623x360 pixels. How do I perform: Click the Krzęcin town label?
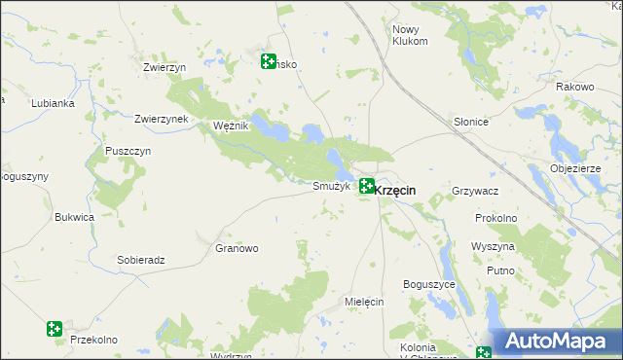coord(395,191)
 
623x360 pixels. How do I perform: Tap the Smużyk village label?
coord(331,186)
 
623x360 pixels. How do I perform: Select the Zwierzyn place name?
coord(164,67)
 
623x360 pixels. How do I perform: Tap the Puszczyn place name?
coord(128,152)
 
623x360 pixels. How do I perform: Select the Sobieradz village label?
coord(141,260)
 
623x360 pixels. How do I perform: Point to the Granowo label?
coord(237,248)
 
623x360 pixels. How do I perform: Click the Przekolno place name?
coord(93,340)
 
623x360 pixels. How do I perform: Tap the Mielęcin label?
coord(365,302)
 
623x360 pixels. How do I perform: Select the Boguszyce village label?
coord(429,284)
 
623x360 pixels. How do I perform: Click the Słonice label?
coord(470,122)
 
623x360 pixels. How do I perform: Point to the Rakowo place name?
coord(574,87)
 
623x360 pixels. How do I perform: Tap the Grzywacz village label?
coord(476,192)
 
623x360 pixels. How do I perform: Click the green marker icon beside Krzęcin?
coord(367,186)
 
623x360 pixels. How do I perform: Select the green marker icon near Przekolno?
coord(55,330)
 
